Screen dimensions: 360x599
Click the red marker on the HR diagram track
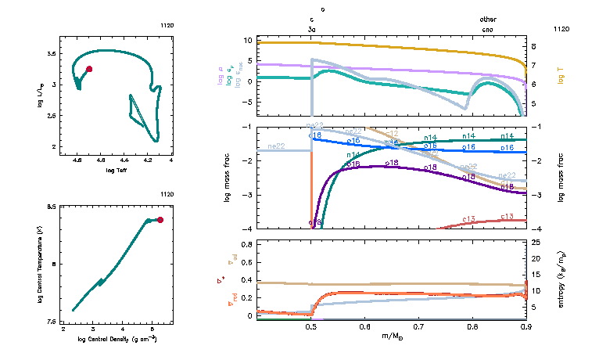coord(89,70)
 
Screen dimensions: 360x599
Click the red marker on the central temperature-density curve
coord(160,220)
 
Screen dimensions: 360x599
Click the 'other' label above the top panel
coord(488,20)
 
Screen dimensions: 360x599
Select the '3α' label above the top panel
coord(312,28)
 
